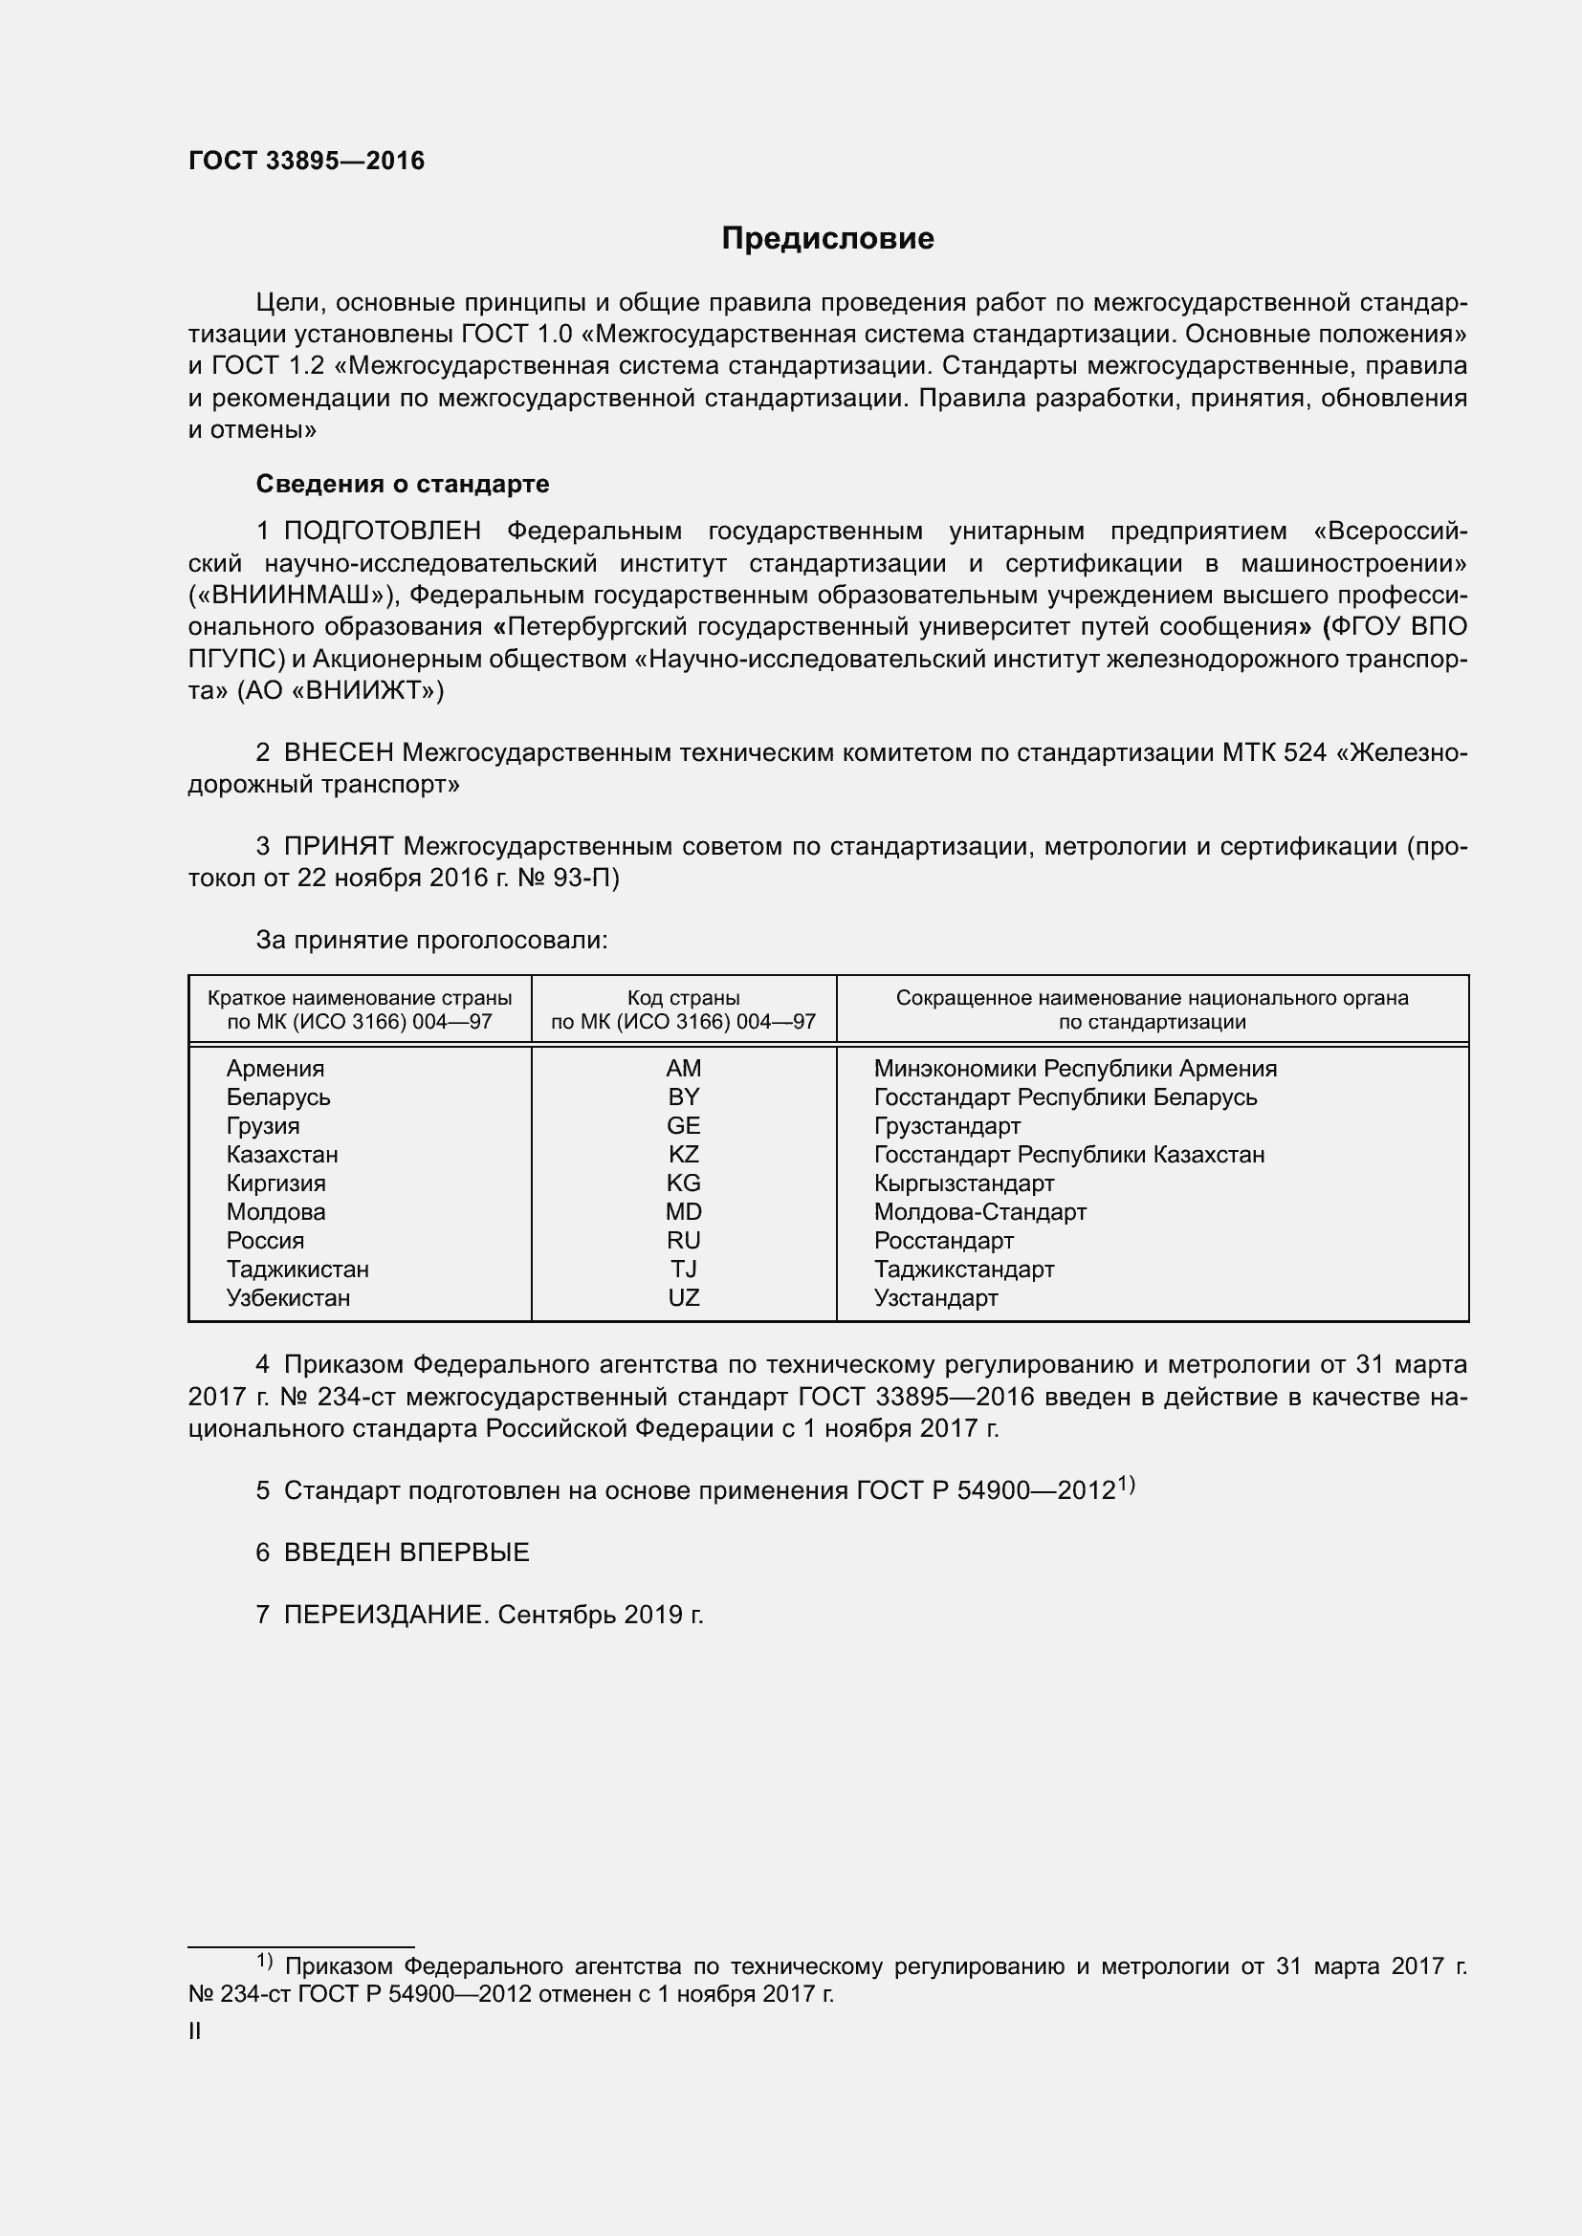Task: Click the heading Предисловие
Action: coord(827,239)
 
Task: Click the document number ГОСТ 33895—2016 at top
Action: coord(306,161)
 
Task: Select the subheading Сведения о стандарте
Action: coord(403,484)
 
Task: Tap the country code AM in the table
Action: coord(683,1069)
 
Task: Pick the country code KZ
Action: coord(683,1154)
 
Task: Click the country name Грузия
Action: coord(263,1126)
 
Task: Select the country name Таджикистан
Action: coord(297,1269)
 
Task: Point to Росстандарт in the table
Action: coord(943,1241)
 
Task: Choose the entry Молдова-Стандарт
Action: coord(979,1211)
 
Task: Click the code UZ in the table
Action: coord(683,1297)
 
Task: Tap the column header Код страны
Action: coord(683,998)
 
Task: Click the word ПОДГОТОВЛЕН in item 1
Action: coord(382,531)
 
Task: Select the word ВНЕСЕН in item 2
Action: coord(338,752)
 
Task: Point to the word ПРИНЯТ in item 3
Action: coord(338,846)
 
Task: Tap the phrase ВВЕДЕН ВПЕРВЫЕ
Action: coord(406,1552)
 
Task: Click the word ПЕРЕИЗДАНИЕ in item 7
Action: coord(384,1615)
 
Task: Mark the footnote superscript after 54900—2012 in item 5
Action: coord(1126,1485)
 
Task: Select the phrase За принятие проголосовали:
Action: coord(431,940)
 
